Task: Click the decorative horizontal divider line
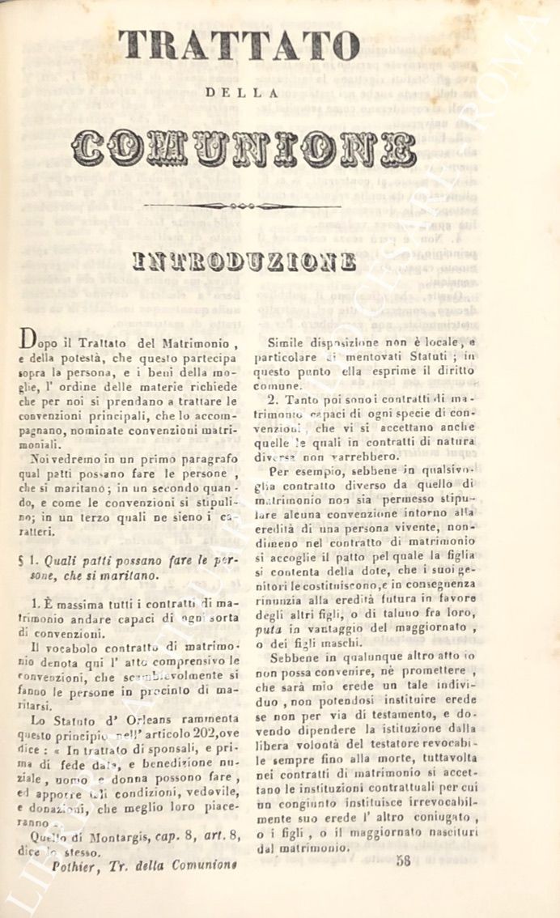pyautogui.click(x=242, y=206)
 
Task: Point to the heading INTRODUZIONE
pyautogui.click(x=244, y=261)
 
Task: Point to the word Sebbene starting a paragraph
pyautogui.click(x=295, y=656)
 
